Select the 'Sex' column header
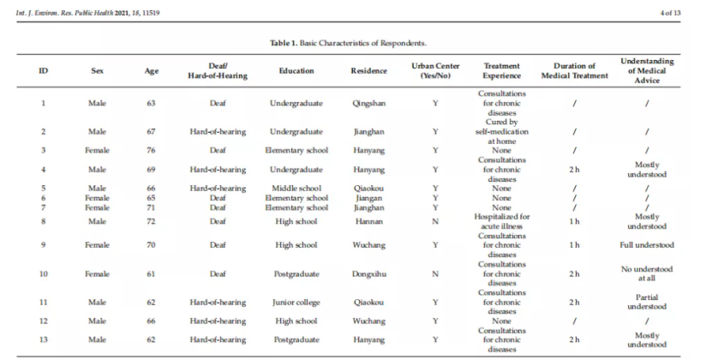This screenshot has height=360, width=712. pyautogui.click(x=97, y=71)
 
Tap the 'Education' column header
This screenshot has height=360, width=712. pyautogui.click(x=296, y=71)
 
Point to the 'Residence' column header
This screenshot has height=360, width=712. pyautogui.click(x=368, y=71)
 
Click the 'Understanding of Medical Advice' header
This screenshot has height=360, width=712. pyautogui.click(x=647, y=71)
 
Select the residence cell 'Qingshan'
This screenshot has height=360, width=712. pyautogui.click(x=368, y=104)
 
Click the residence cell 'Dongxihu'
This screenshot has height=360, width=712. pyautogui.click(x=368, y=274)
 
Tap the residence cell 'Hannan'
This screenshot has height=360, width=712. pyautogui.click(x=368, y=221)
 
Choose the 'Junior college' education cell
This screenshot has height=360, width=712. pyautogui.click(x=296, y=302)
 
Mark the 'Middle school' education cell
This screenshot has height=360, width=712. pyautogui.click(x=296, y=187)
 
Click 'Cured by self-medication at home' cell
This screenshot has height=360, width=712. pyautogui.click(x=500, y=132)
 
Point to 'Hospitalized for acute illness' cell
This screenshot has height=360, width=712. pyautogui.click(x=500, y=221)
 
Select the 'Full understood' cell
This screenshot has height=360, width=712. pyautogui.click(x=647, y=245)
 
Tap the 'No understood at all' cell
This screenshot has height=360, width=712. pyautogui.click(x=647, y=274)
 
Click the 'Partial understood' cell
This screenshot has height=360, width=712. pyautogui.click(x=647, y=302)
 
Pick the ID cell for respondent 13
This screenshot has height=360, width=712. pyautogui.click(x=43, y=339)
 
